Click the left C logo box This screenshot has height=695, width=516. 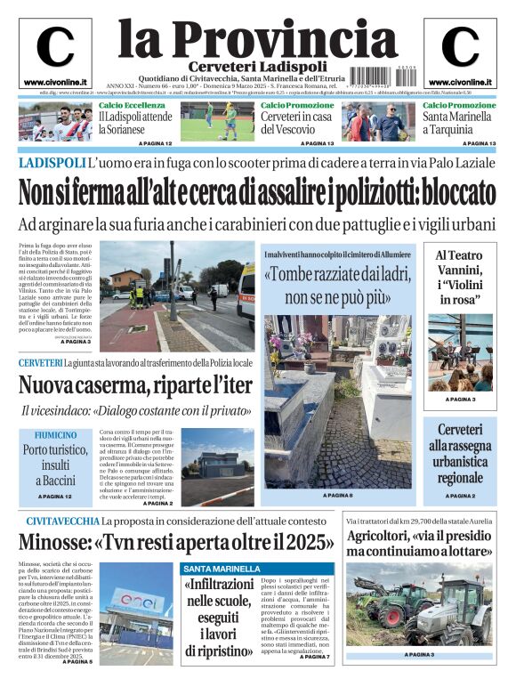pos(54,51)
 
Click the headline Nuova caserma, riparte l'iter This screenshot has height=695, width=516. pos(135,385)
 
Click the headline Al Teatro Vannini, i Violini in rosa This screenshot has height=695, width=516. pos(460,277)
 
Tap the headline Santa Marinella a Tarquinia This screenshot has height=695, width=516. pos(459,123)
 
